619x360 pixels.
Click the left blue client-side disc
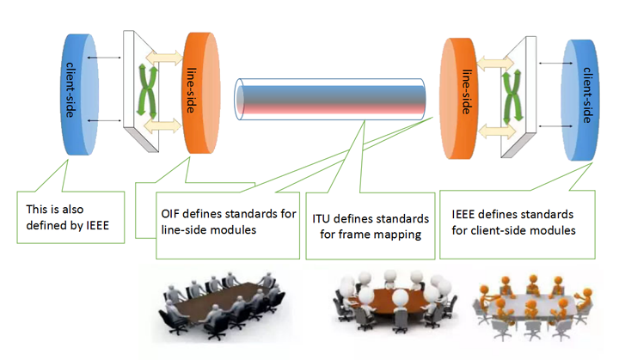tap(81, 95)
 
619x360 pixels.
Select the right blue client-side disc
tap(580, 100)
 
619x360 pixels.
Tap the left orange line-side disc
tap(202, 93)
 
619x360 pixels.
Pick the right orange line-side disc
tap(458, 99)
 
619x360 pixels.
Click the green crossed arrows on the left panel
tap(147, 92)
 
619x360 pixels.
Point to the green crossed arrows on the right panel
tap(512, 96)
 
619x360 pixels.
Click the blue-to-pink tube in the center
tap(330, 99)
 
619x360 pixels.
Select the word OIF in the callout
tap(170, 214)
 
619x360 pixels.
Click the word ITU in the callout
tap(322, 219)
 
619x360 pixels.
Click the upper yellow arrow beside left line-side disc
tap(164, 58)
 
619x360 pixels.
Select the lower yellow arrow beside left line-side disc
tap(162, 126)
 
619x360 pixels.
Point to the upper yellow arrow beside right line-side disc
tap(495, 64)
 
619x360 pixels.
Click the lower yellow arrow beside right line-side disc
tap(497, 131)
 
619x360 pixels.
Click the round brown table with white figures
tap(394, 301)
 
